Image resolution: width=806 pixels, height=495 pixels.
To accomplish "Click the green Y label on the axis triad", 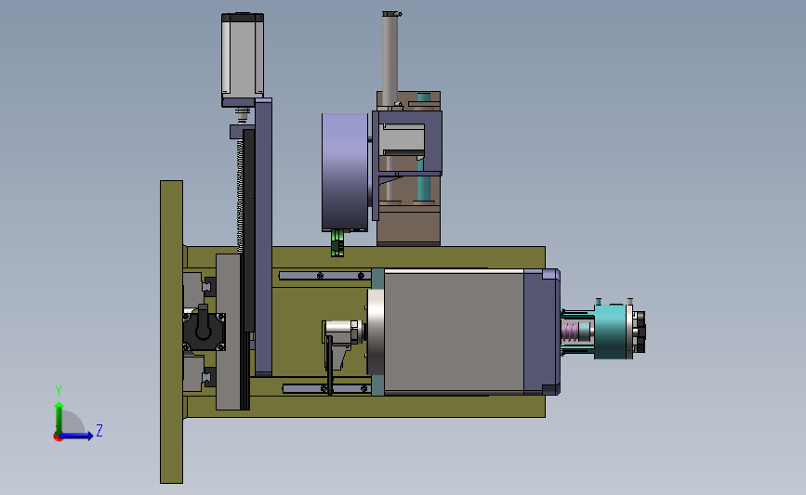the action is tap(58, 391).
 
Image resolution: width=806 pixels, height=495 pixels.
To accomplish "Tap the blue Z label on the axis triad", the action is tap(99, 430).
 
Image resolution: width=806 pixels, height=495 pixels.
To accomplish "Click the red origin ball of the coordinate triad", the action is tap(58, 437).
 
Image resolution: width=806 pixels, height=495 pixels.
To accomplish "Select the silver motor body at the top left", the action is tap(243, 58).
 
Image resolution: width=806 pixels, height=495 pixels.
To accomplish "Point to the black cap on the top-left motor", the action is tap(243, 18).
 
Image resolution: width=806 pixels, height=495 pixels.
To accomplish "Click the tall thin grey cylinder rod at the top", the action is tap(390, 58).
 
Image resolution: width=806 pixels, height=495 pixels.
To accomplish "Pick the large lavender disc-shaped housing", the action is tap(345, 172).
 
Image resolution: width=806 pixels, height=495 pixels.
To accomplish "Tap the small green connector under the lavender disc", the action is tap(337, 243).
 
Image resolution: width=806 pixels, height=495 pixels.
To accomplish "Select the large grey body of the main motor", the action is tap(454, 332).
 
